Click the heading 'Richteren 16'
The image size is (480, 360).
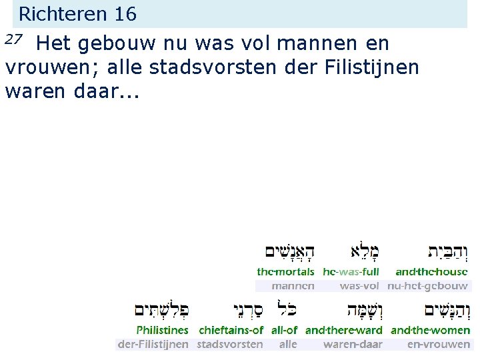pyautogui.click(x=77, y=13)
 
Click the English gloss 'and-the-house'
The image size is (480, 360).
pyautogui.click(x=431, y=272)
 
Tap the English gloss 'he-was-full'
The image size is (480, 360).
pyautogui.click(x=351, y=272)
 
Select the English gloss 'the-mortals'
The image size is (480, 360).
pyautogui.click(x=285, y=272)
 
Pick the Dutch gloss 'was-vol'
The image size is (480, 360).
pyautogui.click(x=359, y=286)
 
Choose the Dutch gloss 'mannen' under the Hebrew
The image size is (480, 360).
pyautogui.click(x=293, y=286)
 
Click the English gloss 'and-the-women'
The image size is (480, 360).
pyautogui.click(x=430, y=330)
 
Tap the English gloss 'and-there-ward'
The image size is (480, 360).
pyautogui.click(x=343, y=330)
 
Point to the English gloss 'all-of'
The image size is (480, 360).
pyautogui.click(x=284, y=330)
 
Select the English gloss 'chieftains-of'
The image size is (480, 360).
pyautogui.click(x=231, y=330)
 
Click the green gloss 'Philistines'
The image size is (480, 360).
pyautogui.click(x=163, y=330)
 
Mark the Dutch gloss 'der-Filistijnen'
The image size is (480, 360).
pyautogui.click(x=153, y=345)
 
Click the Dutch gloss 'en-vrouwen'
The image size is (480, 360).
pyautogui.click(x=438, y=345)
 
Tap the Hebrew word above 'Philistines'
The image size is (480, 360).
pyautogui.click(x=161, y=311)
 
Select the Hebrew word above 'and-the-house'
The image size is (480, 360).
pyautogui.click(x=447, y=252)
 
